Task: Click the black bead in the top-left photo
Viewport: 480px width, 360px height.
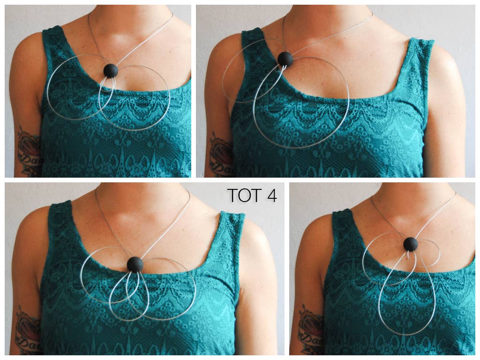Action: pyautogui.click(x=111, y=70)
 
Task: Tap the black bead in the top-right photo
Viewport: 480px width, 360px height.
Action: pyautogui.click(x=285, y=59)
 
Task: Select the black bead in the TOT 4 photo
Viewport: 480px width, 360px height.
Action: pyautogui.click(x=135, y=264)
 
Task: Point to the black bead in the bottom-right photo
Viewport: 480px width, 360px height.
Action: pyautogui.click(x=411, y=244)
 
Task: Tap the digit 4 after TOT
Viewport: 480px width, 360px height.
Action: pyautogui.click(x=272, y=195)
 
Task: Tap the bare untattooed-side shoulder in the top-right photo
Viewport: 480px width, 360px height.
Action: pyautogui.click(x=445, y=66)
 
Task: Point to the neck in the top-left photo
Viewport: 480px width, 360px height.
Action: pyautogui.click(x=131, y=23)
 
